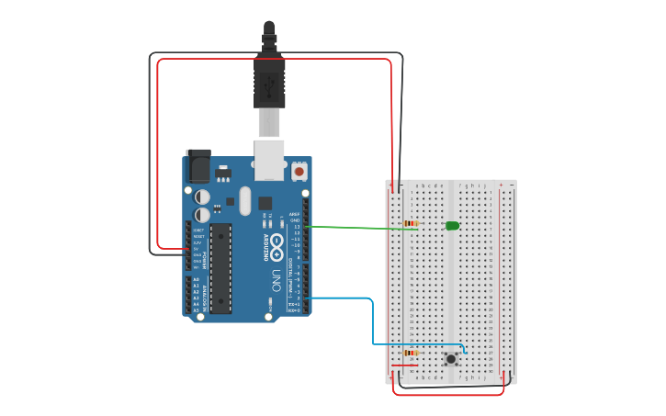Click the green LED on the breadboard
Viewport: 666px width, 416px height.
tap(452, 225)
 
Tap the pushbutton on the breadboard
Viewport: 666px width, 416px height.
tap(451, 358)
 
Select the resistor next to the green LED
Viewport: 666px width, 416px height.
tap(411, 223)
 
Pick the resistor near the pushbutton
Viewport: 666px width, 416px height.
tap(411, 353)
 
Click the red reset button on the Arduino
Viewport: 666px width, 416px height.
tap(299, 171)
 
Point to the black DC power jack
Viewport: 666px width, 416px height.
tap(198, 166)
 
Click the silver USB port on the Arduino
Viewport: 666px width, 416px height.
tap(269, 159)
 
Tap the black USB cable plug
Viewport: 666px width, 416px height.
tap(269, 84)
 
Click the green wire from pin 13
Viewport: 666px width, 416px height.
tap(358, 227)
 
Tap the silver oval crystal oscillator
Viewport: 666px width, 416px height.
tap(245, 200)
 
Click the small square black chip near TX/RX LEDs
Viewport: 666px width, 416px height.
tap(265, 203)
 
